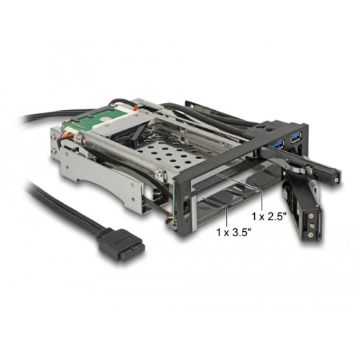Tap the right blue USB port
tap(295, 137)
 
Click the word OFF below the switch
tap(184, 215)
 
